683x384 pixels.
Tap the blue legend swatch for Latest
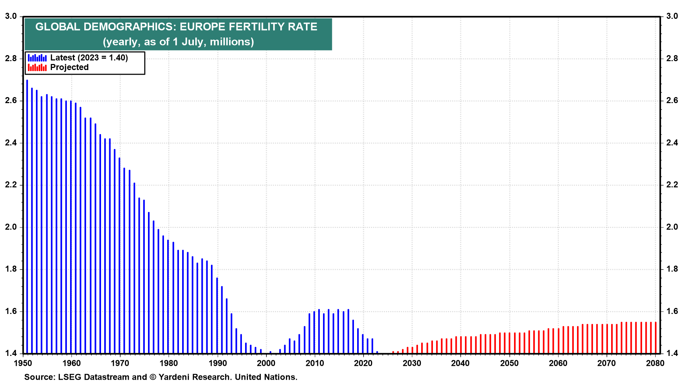(x=37, y=58)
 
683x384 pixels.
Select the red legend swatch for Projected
(x=37, y=68)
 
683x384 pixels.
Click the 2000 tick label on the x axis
(x=266, y=363)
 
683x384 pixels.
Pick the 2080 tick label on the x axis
(x=655, y=363)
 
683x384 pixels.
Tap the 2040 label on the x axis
(x=460, y=363)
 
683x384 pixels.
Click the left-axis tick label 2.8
(x=11, y=59)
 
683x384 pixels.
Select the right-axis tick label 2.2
(x=672, y=185)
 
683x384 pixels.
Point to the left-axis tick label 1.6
(x=11, y=311)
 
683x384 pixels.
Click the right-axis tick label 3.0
(x=672, y=16)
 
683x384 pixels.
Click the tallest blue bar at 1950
(x=27, y=213)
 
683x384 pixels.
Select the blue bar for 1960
(x=71, y=228)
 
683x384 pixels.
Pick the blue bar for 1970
(x=120, y=256)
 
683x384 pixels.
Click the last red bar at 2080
(x=656, y=338)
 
